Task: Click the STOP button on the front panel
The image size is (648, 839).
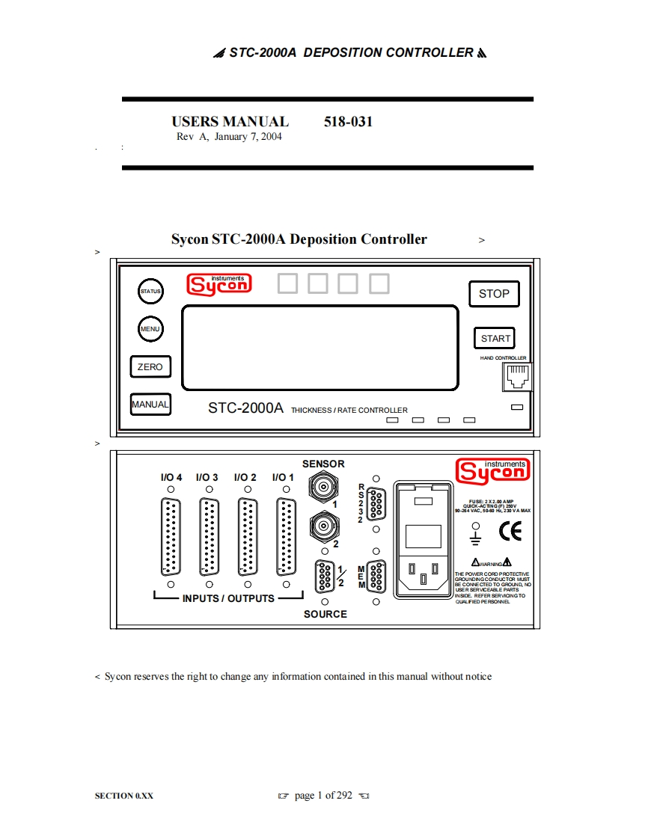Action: tap(493, 294)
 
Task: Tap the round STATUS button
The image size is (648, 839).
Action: tap(150, 291)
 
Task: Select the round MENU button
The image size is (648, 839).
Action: tap(150, 328)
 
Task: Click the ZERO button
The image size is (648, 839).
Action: tap(150, 367)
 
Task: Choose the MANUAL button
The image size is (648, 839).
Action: tap(150, 405)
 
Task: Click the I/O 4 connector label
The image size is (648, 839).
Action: tap(171, 477)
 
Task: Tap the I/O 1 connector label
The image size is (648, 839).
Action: tap(284, 477)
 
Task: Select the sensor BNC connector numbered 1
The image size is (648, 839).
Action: tap(323, 488)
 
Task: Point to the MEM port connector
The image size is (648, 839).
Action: tap(376, 577)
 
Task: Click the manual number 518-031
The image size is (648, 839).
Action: tap(348, 122)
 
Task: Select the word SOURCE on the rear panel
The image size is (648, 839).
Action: tap(325, 614)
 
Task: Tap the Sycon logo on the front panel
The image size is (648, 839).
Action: tap(219, 284)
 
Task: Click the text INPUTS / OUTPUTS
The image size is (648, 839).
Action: tap(228, 598)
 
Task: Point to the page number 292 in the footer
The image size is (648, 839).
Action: tap(343, 795)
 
